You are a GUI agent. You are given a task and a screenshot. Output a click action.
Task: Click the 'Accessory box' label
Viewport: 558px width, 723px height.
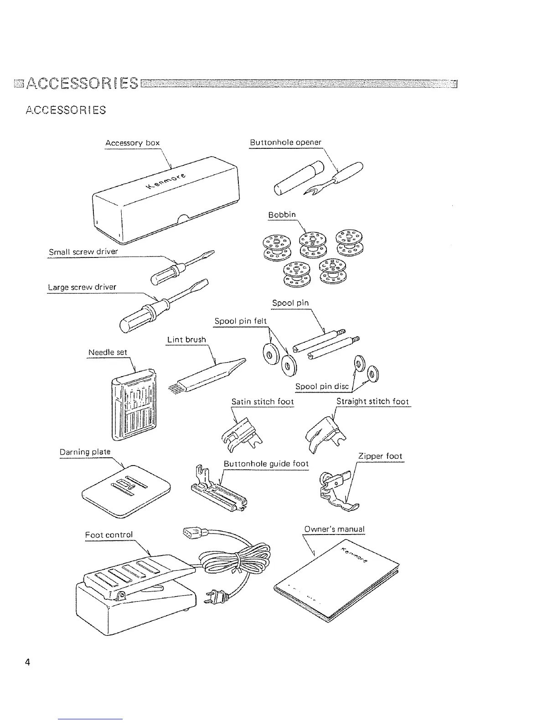point(132,143)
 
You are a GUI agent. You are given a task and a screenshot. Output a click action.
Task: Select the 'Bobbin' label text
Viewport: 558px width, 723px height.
point(282,215)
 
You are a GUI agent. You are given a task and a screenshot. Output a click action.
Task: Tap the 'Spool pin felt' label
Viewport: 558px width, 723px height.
point(240,321)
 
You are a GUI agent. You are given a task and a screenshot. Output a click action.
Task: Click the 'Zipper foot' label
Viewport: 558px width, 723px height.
point(380,456)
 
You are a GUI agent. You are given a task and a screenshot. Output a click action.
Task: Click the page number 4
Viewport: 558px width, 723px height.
point(28,662)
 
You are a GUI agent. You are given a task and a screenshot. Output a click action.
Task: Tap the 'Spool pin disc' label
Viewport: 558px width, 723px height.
point(322,387)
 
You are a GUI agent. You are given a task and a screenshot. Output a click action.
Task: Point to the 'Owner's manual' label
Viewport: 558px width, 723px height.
point(334,529)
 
